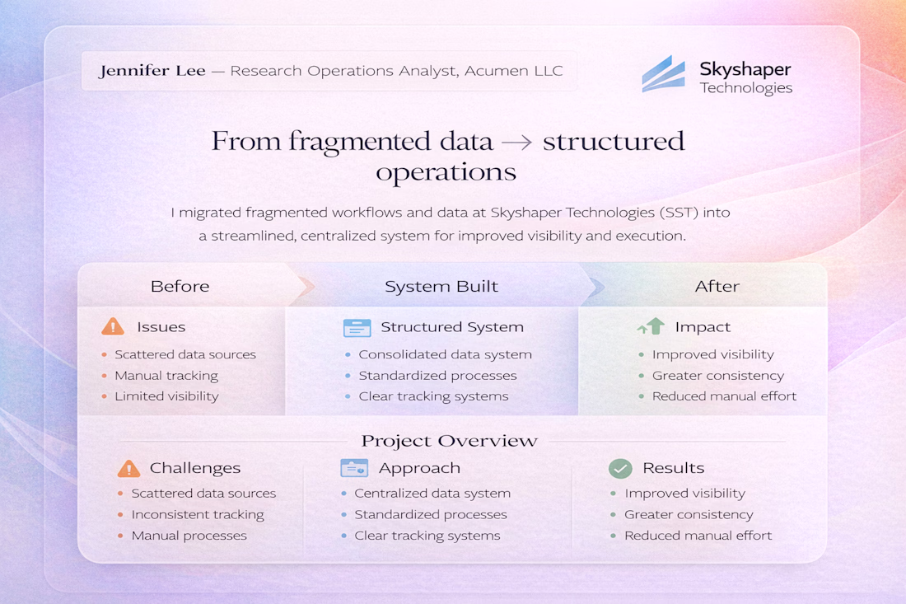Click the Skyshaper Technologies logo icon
click(x=663, y=74)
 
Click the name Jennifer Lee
click(x=152, y=71)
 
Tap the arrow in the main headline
click(x=516, y=143)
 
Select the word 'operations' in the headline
click(x=446, y=173)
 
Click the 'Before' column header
click(x=180, y=286)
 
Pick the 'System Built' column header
click(x=441, y=286)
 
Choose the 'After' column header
click(x=717, y=286)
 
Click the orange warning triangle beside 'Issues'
click(x=113, y=326)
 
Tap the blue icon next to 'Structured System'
click(x=357, y=328)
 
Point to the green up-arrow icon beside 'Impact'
click(x=651, y=326)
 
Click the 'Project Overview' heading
click(x=450, y=441)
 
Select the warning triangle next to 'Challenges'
click(x=128, y=468)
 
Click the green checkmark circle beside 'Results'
click(x=620, y=468)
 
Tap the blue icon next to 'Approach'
click(x=354, y=468)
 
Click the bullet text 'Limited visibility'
click(x=167, y=396)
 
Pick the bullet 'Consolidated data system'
click(x=445, y=354)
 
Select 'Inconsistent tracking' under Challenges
click(x=198, y=514)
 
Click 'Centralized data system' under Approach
click(x=432, y=494)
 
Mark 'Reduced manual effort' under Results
click(x=698, y=536)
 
